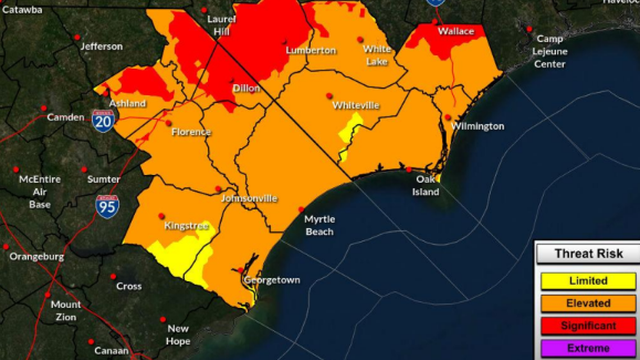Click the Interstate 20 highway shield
pos(103,121)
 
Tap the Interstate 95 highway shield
pos(107,207)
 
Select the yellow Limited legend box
pos(588,281)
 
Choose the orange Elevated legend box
pos(588,303)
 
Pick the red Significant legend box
pos(588,326)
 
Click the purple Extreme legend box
pos(588,348)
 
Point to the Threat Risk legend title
pos(588,254)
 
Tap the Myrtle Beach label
pos(319,225)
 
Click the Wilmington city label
pos(477,126)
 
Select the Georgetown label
pos(272,280)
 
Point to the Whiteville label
pos(355,106)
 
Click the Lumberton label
pos(311,51)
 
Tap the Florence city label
pos(191,132)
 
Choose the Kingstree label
pos(186,226)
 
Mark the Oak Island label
pos(427,185)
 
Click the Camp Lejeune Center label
pos(550,52)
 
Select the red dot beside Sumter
pos(84,170)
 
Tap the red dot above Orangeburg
pos(6,247)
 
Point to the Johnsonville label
pos(249,198)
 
